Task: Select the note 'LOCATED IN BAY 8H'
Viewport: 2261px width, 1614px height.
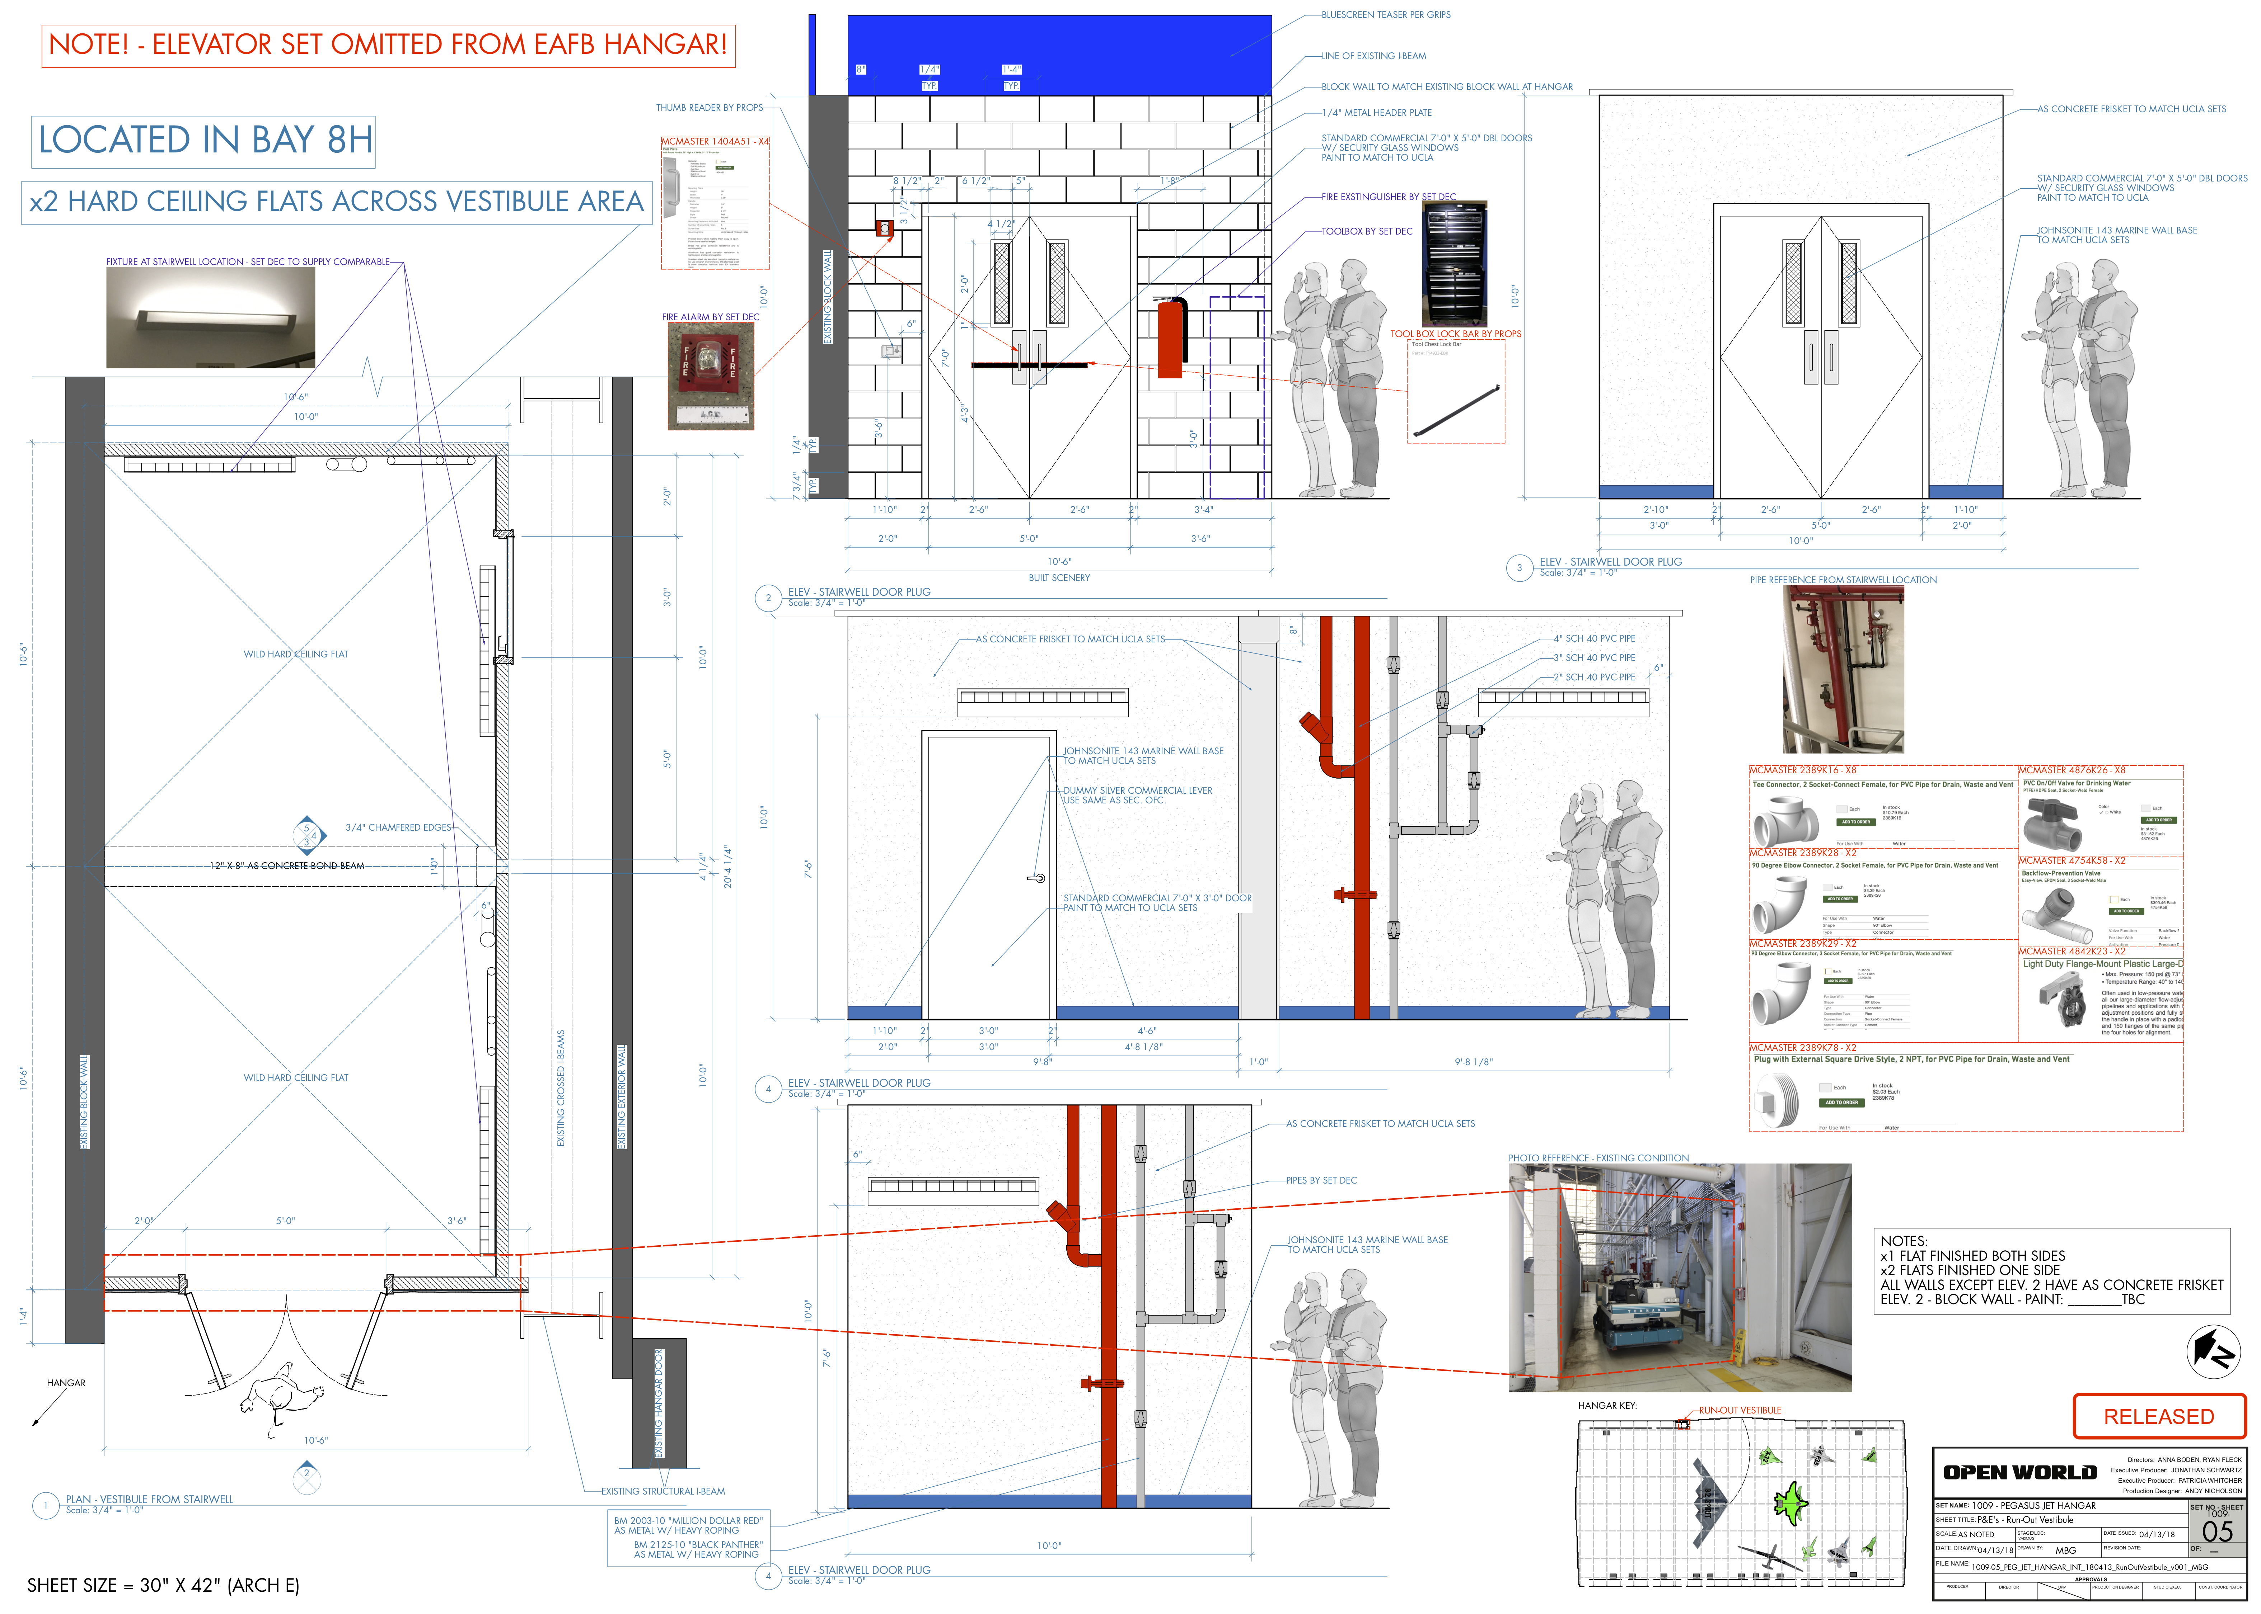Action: [x=205, y=140]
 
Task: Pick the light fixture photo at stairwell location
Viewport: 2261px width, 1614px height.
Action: [x=211, y=317]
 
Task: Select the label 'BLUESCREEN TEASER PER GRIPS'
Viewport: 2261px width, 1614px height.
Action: [x=1385, y=15]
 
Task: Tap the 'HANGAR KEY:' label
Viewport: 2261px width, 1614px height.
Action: [x=1607, y=1405]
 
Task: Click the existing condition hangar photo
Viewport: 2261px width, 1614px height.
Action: [x=1679, y=1277]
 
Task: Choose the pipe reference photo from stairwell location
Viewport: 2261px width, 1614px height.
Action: [x=1843, y=669]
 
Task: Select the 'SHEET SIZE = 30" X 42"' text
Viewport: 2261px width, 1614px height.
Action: [x=163, y=1585]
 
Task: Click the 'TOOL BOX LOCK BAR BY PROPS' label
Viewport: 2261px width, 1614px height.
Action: [x=1455, y=334]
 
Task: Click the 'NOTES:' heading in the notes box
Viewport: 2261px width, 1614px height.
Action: [x=1903, y=1240]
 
